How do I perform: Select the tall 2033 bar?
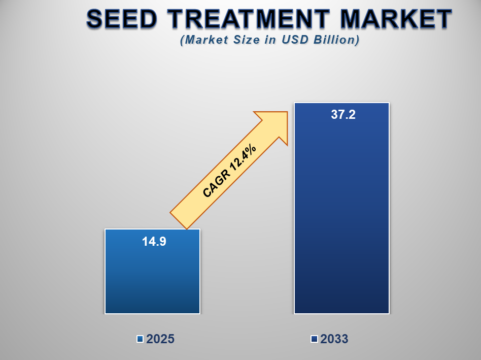click(341, 213)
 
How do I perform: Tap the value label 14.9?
click(154, 242)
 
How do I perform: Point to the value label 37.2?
click(343, 115)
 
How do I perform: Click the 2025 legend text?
click(160, 339)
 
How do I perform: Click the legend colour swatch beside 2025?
click(140, 339)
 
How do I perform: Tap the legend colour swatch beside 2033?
click(314, 339)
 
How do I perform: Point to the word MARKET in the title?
click(396, 19)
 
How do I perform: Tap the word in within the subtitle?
click(274, 40)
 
